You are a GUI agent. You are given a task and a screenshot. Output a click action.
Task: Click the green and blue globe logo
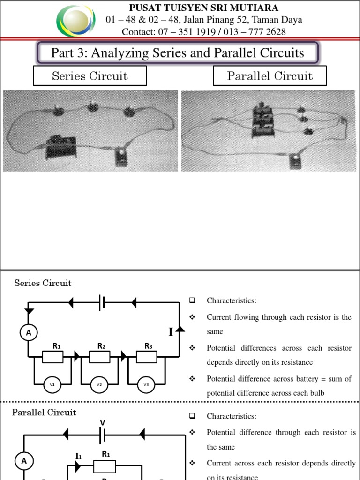75,21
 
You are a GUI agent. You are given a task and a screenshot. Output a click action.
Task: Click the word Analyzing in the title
120,52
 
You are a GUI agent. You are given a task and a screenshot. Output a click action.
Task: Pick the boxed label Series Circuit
90,76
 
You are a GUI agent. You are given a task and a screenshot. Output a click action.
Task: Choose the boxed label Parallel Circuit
270,76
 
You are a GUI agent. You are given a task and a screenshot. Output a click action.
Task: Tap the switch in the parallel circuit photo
295,161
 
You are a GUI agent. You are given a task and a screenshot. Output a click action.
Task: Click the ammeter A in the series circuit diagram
29,332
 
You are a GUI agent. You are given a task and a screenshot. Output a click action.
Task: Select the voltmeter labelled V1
52,385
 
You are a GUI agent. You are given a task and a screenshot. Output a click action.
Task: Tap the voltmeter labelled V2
99,385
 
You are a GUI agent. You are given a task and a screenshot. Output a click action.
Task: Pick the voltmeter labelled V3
146,385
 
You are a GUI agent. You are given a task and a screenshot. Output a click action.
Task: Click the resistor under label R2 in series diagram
99,357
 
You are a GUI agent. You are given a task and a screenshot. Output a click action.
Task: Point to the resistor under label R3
146,357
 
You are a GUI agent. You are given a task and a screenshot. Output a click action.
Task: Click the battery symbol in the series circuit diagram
102,303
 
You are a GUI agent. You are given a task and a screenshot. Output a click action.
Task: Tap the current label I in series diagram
171,332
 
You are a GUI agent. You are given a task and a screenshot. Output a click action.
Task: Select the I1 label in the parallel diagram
78,456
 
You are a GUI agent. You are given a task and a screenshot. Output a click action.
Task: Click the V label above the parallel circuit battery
102,422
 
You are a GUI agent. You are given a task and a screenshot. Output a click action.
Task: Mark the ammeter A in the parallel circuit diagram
23,461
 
